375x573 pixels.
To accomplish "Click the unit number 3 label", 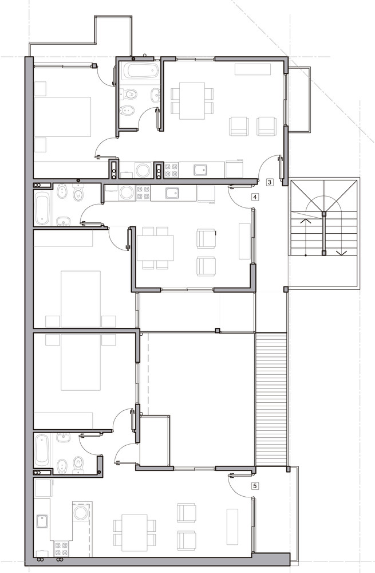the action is click(270, 182).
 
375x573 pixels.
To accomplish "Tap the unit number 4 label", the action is click(255, 197).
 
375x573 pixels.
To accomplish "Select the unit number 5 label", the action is click(255, 486).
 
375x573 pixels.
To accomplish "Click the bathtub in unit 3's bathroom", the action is click(141, 70).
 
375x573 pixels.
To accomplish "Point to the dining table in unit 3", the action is click(192, 101).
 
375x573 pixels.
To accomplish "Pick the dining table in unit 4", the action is click(155, 248).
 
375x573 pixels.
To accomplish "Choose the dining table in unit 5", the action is click(135, 532).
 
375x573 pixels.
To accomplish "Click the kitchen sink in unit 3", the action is click(200, 170).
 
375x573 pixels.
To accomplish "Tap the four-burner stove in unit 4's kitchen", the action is click(143, 193).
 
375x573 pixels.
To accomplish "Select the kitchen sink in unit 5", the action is click(42, 521).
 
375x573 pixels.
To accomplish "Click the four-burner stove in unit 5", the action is click(61, 549).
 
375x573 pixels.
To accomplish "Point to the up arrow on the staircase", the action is click(306, 221).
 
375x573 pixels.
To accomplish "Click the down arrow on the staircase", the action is click(342, 253).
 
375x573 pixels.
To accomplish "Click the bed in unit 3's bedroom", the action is click(62, 116).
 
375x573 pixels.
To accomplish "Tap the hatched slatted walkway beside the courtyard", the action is click(271, 399).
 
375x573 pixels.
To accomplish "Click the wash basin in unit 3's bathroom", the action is click(155, 95).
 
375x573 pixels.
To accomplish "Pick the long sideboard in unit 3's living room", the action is click(252, 69).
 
